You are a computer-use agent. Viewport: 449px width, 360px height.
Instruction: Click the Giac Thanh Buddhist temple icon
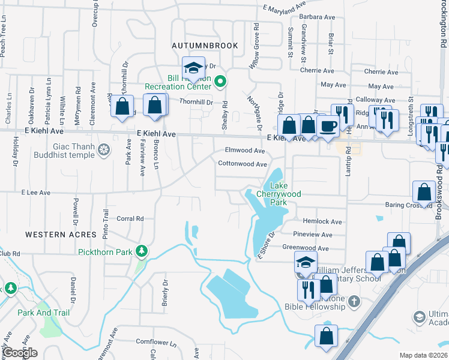point(104,149)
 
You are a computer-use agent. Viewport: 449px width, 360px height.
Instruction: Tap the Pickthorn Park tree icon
point(142,250)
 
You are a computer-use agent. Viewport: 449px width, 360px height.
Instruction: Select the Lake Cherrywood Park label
point(279,194)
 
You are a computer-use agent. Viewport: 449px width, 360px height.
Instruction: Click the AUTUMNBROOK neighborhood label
point(205,46)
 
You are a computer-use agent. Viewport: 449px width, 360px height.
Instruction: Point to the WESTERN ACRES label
point(61,234)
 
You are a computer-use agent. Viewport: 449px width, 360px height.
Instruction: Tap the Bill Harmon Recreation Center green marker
point(220,81)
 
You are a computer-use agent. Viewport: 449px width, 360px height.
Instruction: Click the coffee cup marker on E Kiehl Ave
point(328,127)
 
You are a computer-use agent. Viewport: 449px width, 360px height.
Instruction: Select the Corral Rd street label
point(130,219)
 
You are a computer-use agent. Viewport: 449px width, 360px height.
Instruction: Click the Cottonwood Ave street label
point(242,164)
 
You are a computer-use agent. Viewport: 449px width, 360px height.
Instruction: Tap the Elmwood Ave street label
point(244,151)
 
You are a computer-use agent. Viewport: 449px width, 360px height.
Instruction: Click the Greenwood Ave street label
point(306,248)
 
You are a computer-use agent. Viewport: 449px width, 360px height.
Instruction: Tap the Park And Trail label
point(43,313)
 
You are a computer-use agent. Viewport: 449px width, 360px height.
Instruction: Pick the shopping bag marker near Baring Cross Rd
point(424,192)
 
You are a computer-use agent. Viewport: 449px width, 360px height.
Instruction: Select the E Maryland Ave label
point(285,9)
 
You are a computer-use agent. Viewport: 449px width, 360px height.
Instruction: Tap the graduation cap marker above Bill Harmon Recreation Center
point(194,67)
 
